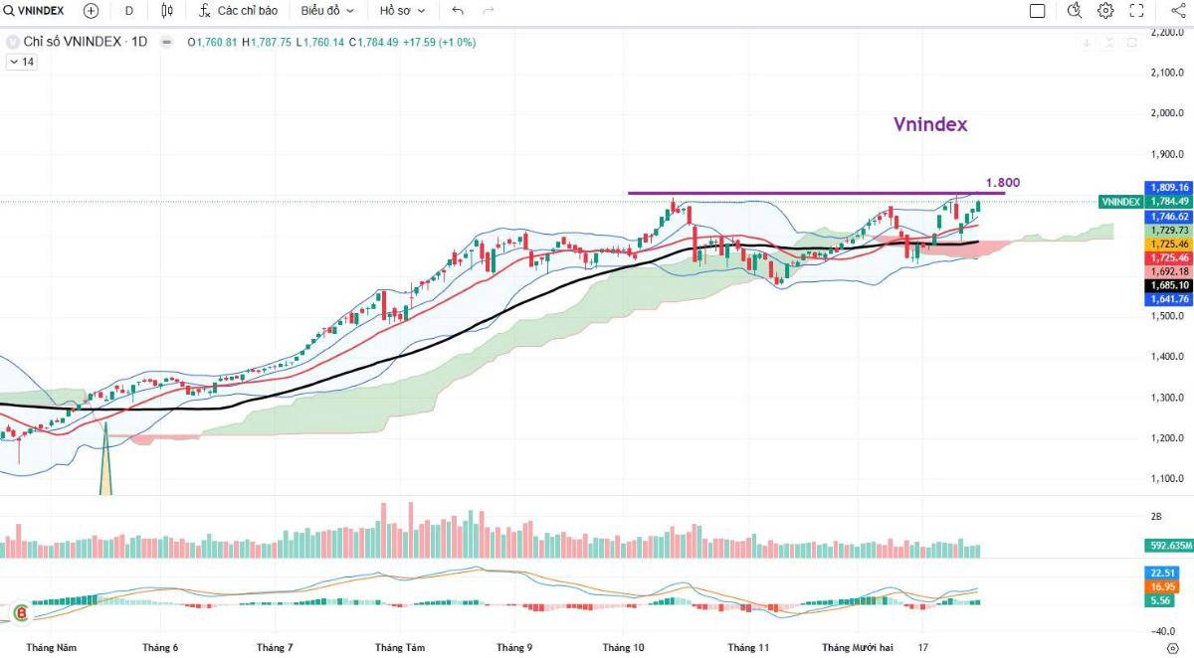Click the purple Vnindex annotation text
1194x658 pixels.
click(929, 124)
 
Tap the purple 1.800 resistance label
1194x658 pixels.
click(1002, 182)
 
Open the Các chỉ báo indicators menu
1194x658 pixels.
click(238, 11)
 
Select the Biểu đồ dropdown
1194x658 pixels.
click(327, 11)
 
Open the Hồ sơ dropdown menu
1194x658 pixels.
click(402, 11)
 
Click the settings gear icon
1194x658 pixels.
click(1105, 11)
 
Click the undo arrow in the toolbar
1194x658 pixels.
click(457, 11)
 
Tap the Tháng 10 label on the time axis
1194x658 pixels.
click(623, 647)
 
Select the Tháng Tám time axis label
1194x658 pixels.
click(399, 647)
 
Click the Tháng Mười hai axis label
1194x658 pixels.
click(857, 647)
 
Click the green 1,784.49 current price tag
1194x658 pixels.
click(1170, 201)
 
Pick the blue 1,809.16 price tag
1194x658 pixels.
click(1170, 187)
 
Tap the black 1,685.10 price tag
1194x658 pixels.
click(1170, 284)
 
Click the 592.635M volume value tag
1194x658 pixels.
click(1168, 546)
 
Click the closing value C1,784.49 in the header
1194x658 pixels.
click(373, 43)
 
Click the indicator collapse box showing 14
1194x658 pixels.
click(21, 62)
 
